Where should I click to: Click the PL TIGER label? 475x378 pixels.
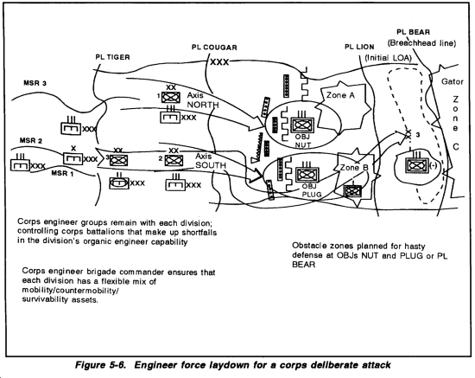[112, 57]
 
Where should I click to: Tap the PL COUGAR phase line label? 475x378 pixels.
[214, 48]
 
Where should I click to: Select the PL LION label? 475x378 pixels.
[359, 47]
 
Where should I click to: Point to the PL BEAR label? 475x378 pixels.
[413, 32]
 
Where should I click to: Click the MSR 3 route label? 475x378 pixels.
[35, 83]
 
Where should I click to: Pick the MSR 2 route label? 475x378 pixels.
[31, 140]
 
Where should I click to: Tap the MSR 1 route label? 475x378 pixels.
[63, 173]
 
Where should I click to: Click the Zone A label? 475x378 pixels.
[340, 95]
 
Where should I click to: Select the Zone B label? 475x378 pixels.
[354, 168]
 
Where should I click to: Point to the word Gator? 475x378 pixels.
[453, 81]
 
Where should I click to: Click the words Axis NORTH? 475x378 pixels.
[203, 99]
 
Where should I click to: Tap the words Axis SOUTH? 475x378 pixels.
[211, 161]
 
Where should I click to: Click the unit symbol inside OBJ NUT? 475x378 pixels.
[302, 125]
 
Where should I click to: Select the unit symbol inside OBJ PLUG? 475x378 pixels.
[307, 175]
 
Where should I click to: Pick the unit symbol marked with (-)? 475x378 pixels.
[417, 166]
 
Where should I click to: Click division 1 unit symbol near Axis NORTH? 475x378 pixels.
[171, 98]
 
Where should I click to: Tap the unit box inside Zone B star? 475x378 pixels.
[352, 191]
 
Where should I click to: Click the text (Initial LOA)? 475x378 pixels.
[388, 57]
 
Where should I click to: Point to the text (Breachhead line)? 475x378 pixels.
[421, 43]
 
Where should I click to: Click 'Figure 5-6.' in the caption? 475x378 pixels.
[100, 365]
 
